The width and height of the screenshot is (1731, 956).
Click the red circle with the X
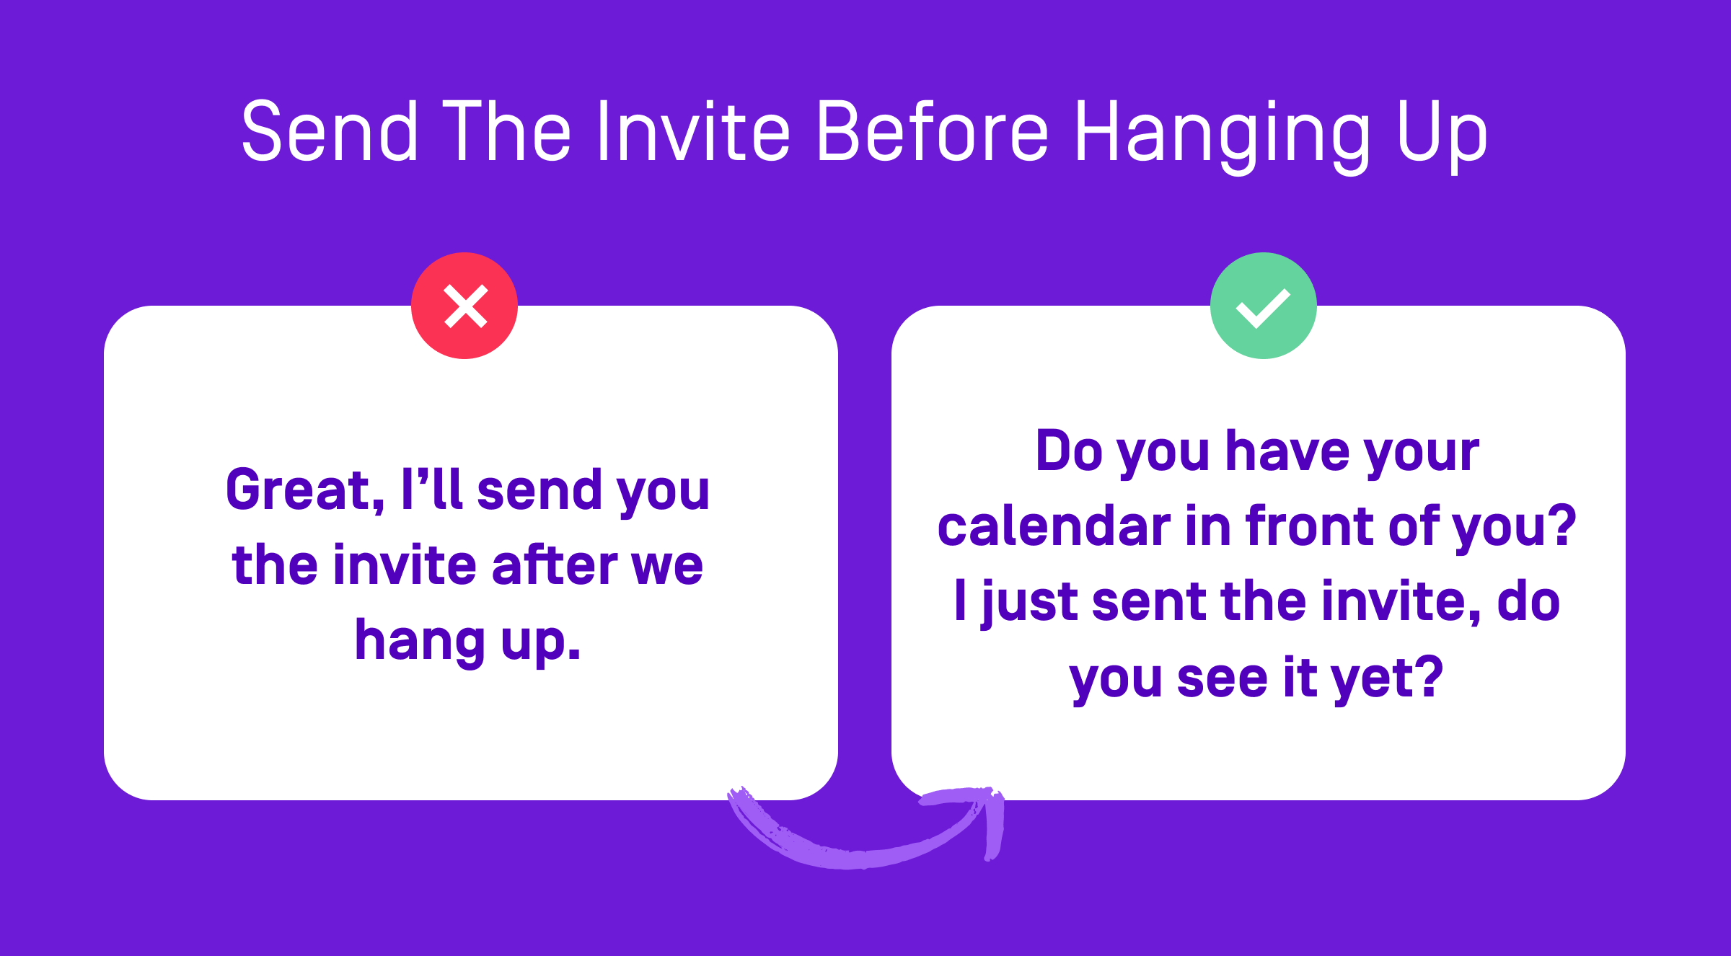coord(464,306)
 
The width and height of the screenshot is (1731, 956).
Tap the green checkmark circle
coord(1264,306)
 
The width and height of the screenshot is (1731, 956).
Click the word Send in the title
coord(330,131)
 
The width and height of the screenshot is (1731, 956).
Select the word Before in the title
coord(933,131)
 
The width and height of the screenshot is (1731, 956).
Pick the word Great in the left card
coord(303,490)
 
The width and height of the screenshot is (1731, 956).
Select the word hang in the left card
coord(420,642)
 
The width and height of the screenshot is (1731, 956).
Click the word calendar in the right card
coord(1053,526)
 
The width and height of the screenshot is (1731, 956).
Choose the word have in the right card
coord(1287,451)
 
